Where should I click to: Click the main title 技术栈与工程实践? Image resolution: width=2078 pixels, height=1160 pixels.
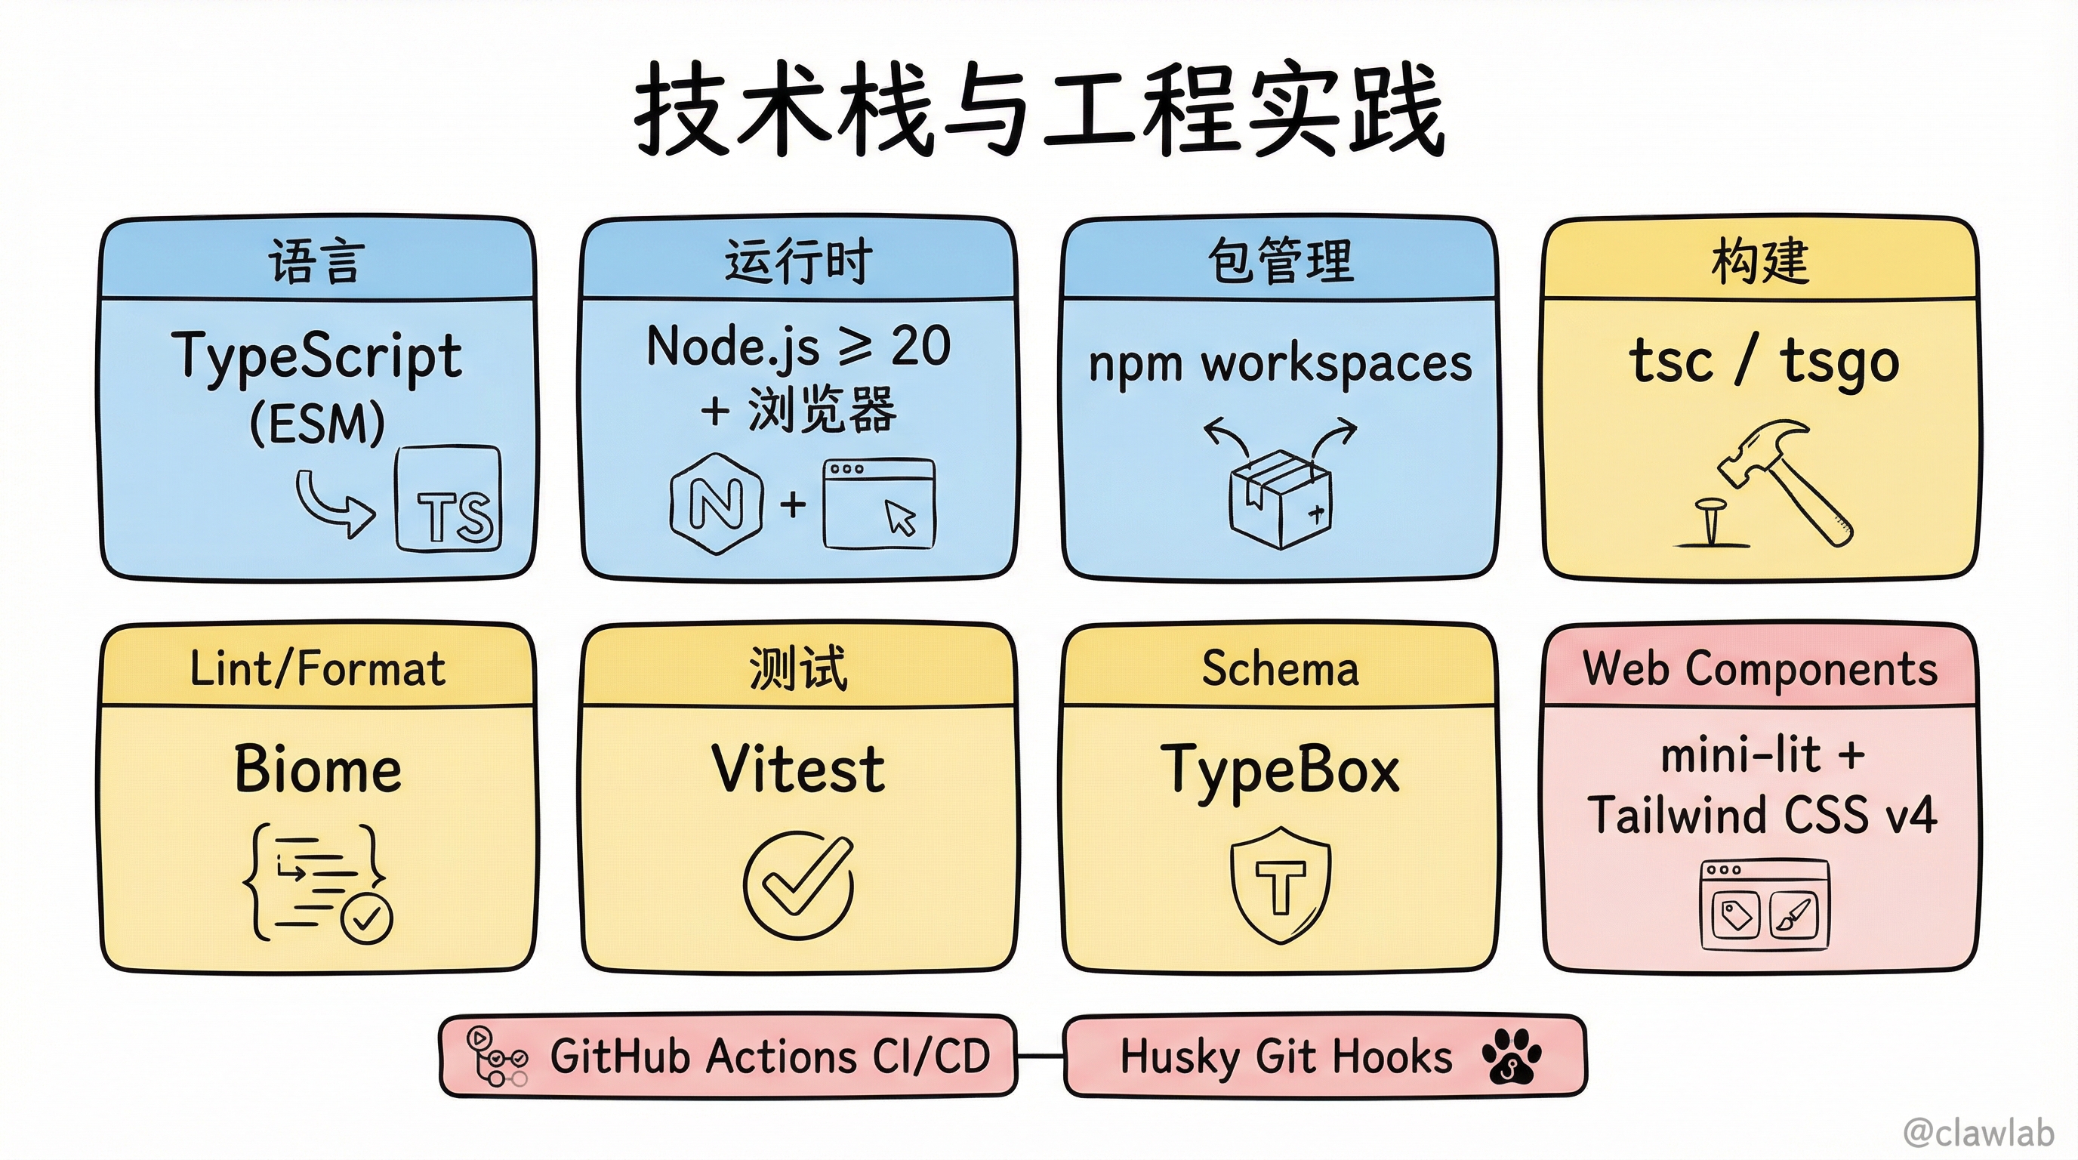pyautogui.click(x=1039, y=109)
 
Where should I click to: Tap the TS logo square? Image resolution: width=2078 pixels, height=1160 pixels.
pyautogui.click(x=449, y=499)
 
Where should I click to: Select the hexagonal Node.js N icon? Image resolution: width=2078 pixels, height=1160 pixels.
pyautogui.click(x=717, y=504)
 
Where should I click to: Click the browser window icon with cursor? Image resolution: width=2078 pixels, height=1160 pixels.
pyautogui.click(x=878, y=504)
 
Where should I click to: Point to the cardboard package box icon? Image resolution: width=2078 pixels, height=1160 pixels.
pyautogui.click(x=1279, y=499)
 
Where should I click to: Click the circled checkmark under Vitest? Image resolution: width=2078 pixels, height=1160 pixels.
pyautogui.click(x=798, y=885)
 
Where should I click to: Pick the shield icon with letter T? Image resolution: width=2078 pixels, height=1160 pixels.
pyautogui.click(x=1280, y=884)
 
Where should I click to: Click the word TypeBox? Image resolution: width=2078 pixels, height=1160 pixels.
pyautogui.click(x=1280, y=771)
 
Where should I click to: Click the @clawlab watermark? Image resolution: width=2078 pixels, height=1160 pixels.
pyautogui.click(x=1979, y=1133)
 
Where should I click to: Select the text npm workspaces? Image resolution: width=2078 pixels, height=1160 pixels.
pyautogui.click(x=1280, y=364)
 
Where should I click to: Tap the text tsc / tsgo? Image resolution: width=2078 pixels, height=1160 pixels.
pyautogui.click(x=1764, y=362)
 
